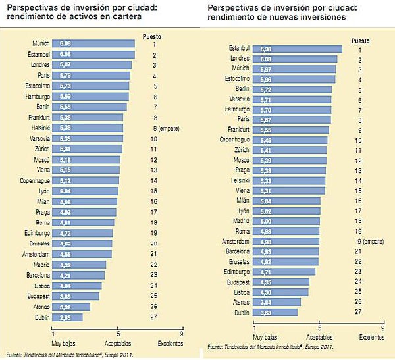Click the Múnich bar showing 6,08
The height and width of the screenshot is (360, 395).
click(92, 43)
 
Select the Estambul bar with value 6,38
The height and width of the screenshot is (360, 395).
click(298, 49)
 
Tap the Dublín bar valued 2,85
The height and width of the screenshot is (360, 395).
click(67, 317)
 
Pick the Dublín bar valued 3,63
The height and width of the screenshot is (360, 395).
click(275, 312)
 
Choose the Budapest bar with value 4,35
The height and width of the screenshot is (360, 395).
click(281, 282)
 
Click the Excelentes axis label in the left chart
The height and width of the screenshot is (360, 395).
click(171, 343)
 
